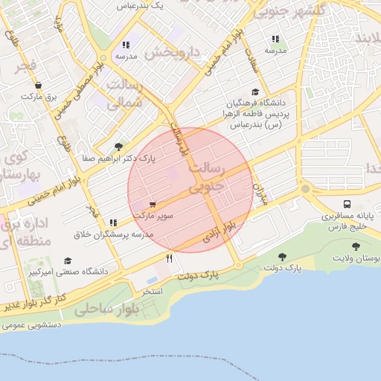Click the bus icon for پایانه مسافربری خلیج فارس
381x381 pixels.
[347, 204]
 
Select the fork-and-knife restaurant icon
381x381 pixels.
[170, 258]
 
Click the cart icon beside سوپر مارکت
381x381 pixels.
[153, 204]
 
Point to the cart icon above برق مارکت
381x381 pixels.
[38, 86]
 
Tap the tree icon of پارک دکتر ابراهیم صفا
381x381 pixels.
[118, 147]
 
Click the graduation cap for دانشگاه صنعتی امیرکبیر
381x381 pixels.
[68, 261]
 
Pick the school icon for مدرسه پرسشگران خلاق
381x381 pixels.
[113, 222]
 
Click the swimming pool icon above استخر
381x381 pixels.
[152, 281]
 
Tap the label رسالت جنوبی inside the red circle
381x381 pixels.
[205, 179]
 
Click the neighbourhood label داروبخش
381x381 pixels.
[172, 53]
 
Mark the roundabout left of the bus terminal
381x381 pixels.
[305, 188]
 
